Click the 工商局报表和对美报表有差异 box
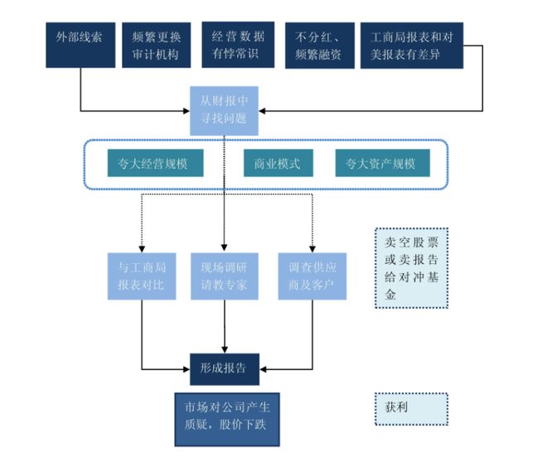[x=412, y=45]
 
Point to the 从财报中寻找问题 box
[x=224, y=111]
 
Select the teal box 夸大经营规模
[x=148, y=164]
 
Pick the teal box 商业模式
[x=278, y=164]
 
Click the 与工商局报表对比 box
[x=143, y=276]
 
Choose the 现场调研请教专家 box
[x=225, y=276]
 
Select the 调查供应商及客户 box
[x=312, y=276]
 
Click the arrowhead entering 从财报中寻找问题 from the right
[x=264, y=109]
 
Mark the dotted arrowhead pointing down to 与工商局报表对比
[x=143, y=247]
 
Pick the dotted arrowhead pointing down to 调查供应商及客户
[x=312, y=247]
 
